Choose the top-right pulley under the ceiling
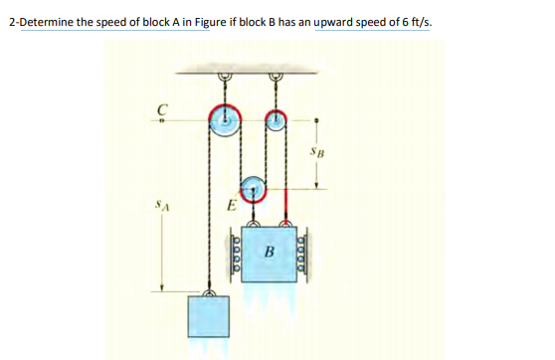tap(276, 119)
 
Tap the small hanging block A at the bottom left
tap(210, 318)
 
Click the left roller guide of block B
tap(236, 254)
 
